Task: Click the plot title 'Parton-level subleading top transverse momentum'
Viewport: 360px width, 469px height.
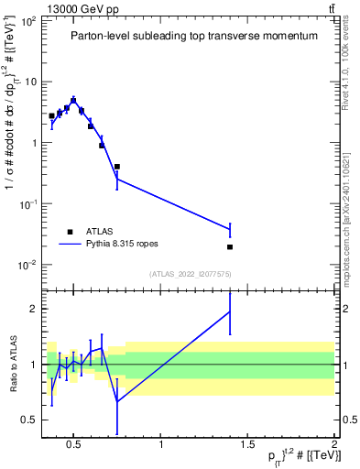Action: point(194,36)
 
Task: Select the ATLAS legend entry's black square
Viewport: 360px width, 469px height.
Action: point(70,232)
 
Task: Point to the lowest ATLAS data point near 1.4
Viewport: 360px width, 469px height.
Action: point(230,246)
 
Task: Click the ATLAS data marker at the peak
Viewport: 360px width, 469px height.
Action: point(73,101)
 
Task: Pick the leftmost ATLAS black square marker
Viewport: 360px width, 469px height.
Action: point(51,116)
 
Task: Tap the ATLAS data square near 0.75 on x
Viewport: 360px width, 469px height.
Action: point(117,167)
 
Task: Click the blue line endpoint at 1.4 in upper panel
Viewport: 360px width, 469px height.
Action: point(230,229)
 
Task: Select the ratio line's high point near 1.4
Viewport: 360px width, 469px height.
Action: point(230,311)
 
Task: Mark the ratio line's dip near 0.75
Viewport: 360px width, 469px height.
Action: point(117,401)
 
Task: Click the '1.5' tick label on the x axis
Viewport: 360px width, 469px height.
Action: point(248,446)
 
